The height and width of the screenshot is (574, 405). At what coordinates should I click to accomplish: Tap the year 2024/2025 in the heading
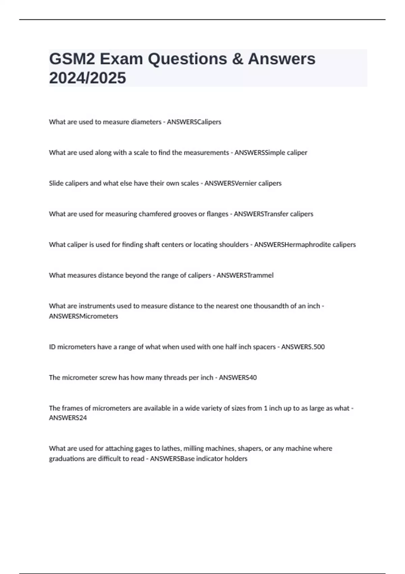pos(87,78)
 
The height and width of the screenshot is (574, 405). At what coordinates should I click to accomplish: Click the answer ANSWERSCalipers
pos(194,122)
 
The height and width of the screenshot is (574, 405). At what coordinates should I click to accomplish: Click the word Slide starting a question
pos(56,183)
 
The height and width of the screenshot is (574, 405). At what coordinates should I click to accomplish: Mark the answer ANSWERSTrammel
pos(245,275)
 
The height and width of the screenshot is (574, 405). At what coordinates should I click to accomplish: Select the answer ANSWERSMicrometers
pos(83,316)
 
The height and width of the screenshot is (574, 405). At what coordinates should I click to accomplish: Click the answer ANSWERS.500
pos(303,347)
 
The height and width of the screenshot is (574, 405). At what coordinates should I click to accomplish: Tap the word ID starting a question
pos(52,347)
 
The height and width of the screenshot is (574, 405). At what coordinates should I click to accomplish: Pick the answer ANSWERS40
pos(238,377)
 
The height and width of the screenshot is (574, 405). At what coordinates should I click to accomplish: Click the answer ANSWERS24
pos(68,418)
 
